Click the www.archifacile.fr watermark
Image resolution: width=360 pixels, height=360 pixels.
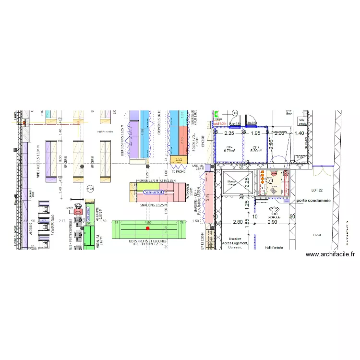point(330,255)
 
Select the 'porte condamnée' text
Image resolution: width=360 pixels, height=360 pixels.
point(313,200)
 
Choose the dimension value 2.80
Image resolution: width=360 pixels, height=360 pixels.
point(238,223)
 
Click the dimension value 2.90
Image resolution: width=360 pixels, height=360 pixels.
point(273,223)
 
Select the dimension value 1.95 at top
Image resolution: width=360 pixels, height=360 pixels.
point(256,133)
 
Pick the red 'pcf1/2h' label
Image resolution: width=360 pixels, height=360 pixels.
point(221,123)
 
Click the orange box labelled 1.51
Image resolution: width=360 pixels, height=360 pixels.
point(179,160)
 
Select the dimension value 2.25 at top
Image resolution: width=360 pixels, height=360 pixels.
point(229,133)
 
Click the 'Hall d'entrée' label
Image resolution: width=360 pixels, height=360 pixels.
point(274,248)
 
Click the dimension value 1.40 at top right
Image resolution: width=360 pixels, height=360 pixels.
point(300,133)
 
